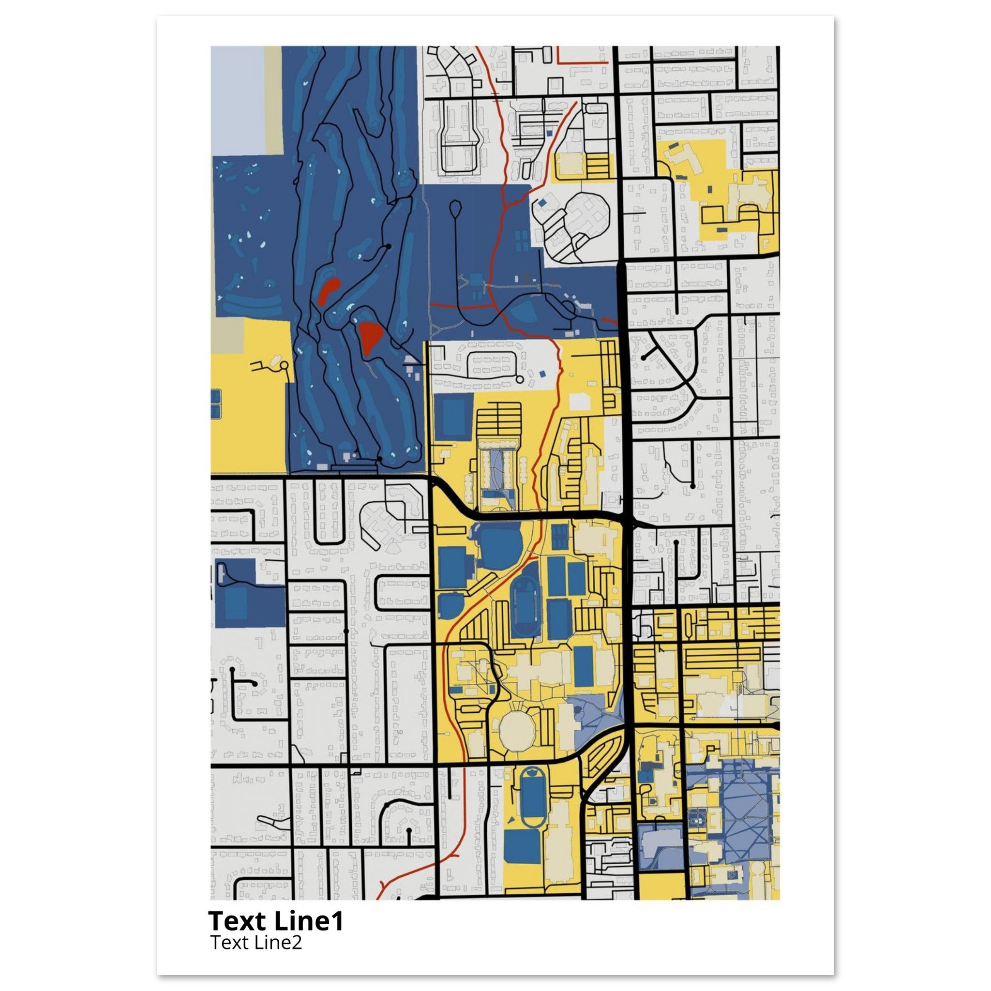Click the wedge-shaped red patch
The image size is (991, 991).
pos(370,336)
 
